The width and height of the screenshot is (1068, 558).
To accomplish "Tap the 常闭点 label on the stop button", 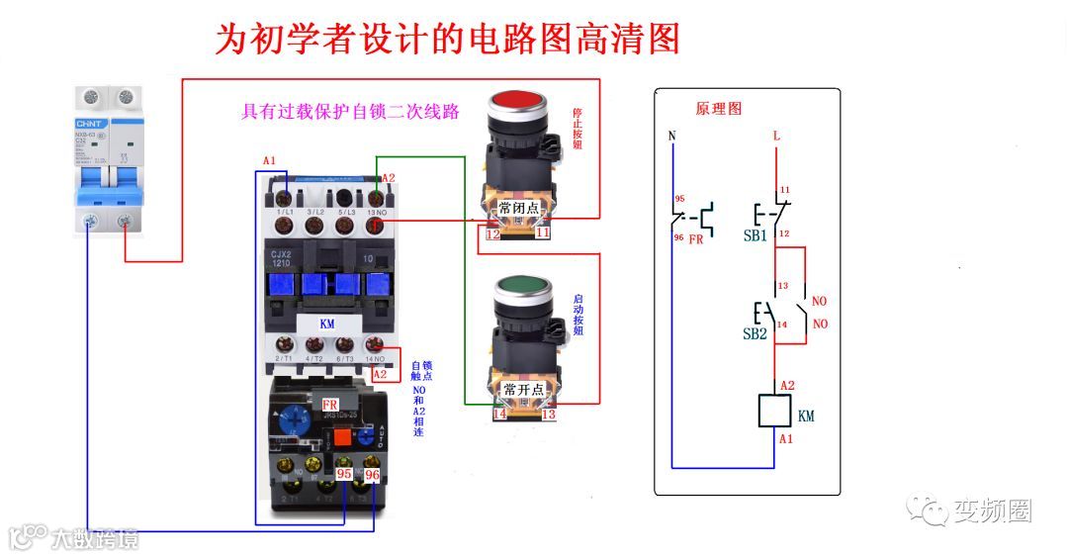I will point(519,208).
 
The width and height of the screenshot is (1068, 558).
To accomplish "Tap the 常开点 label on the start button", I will point(521,389).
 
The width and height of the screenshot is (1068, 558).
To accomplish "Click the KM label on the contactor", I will point(327,324).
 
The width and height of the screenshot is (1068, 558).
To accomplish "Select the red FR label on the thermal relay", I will point(330,405).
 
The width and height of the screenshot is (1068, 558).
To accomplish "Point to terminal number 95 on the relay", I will point(344,474).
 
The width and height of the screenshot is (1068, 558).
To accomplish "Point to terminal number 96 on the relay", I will point(372,474).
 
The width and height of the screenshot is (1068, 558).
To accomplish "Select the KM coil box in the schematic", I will point(774,411).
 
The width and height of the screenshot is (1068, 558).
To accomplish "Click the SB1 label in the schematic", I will point(755,237).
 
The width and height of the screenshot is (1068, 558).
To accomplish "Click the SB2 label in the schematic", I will point(755,333).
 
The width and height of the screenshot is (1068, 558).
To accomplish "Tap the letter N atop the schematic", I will point(672,136).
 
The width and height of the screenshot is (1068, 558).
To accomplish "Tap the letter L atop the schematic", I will point(776,135).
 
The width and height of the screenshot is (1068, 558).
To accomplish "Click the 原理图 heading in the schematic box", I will point(719,108).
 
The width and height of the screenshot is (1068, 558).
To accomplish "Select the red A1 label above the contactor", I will point(270,160).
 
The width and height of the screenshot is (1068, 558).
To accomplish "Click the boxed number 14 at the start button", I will point(500,414).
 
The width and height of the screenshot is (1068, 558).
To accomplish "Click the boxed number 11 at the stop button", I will point(543,233).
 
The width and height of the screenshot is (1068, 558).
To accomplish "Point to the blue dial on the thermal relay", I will point(294,418).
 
